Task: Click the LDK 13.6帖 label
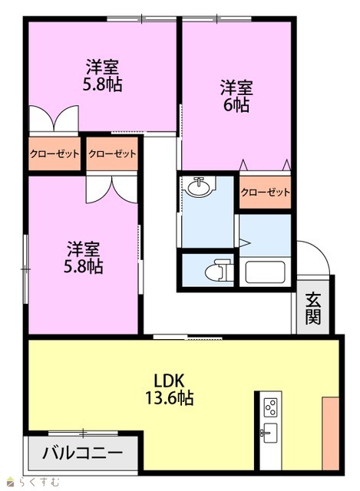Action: click(x=169, y=390)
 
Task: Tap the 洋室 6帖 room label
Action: click(x=236, y=96)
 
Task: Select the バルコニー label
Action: click(x=82, y=453)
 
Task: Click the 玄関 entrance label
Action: click(x=313, y=308)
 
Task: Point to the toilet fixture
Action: click(x=219, y=270)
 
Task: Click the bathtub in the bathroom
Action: click(x=265, y=272)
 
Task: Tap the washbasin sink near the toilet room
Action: click(x=199, y=186)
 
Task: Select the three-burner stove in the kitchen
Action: click(x=270, y=407)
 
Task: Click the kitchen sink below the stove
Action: click(x=269, y=433)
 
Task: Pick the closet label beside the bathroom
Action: click(x=265, y=192)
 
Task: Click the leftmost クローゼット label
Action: click(x=54, y=153)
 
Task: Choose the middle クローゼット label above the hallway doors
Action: click(x=112, y=153)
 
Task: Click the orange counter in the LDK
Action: click(x=330, y=433)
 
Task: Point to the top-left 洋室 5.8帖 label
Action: click(x=102, y=75)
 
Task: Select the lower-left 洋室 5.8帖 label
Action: click(x=83, y=258)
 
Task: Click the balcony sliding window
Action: click(x=83, y=433)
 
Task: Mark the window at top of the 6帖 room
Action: click(x=216, y=18)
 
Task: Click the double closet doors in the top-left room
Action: click(x=54, y=119)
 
